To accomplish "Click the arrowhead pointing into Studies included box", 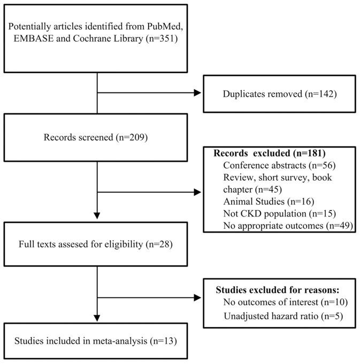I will [97, 319].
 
